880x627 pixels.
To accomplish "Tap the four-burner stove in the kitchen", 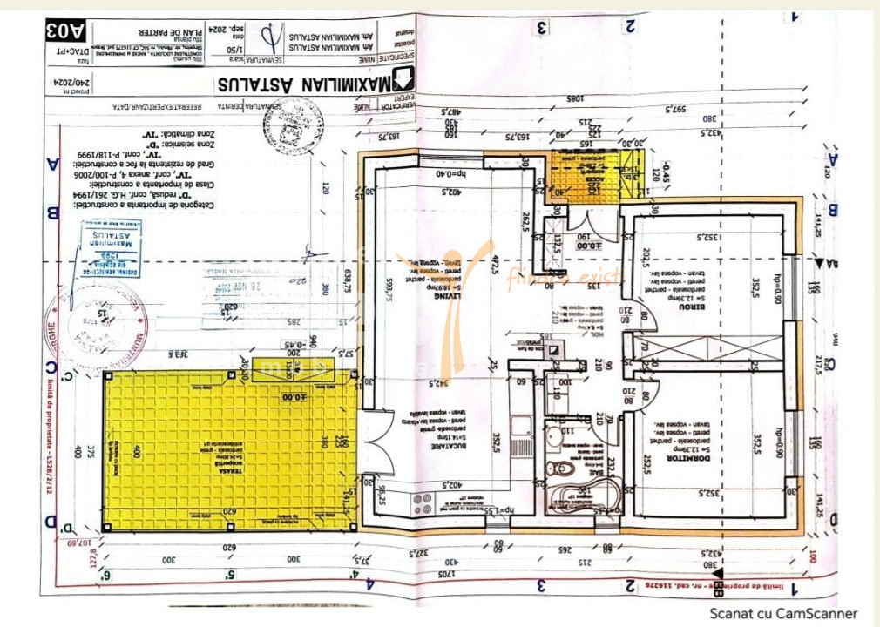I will (x=422, y=503).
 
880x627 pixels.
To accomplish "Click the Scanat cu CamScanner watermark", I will (x=782, y=613).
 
